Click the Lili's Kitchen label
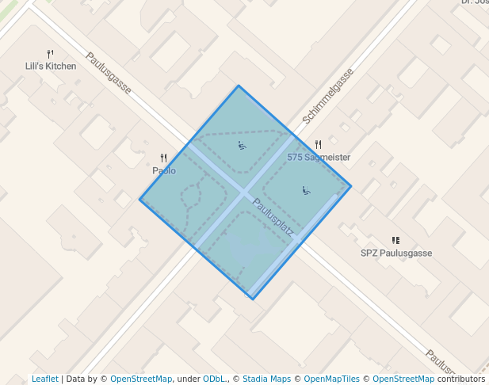51,67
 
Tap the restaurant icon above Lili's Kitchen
50,54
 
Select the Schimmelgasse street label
328,96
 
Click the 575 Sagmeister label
319,158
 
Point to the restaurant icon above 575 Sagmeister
318,144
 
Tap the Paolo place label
164,170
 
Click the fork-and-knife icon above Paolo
163,158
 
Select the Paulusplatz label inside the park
273,218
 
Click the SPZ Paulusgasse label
396,253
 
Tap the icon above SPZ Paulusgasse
395,240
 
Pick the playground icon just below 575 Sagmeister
305,190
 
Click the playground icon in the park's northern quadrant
242,145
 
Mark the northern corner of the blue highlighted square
239,86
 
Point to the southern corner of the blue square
252,299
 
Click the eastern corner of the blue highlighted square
350,187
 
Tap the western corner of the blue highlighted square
140,199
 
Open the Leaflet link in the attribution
45,379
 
